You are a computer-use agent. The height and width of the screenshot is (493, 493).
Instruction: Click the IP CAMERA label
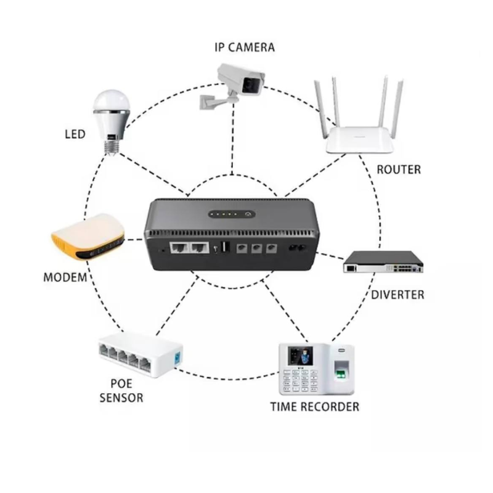pyautogui.click(x=244, y=47)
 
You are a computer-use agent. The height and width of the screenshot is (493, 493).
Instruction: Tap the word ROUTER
pyautogui.click(x=398, y=169)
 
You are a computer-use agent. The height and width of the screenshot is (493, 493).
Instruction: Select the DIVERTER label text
pyautogui.click(x=397, y=295)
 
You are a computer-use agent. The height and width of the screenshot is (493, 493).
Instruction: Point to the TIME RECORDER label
pyautogui.click(x=314, y=407)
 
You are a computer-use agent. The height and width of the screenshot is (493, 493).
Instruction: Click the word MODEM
pyautogui.click(x=65, y=277)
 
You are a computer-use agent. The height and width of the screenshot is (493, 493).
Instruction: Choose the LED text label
pyautogui.click(x=75, y=134)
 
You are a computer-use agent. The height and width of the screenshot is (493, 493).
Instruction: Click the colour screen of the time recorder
pyautogui.click(x=303, y=356)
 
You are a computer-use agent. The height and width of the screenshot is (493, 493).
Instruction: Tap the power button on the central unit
pyautogui.click(x=248, y=215)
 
